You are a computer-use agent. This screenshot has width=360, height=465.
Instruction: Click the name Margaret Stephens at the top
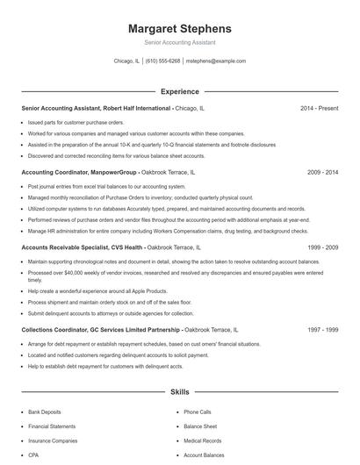coord(179,28)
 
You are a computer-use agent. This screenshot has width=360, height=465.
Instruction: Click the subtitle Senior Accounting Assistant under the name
coord(179,42)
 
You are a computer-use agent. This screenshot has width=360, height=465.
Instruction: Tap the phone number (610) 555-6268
coord(162,61)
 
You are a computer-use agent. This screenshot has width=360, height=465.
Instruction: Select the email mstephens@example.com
coord(216,61)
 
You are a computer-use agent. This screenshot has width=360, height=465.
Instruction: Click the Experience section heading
coord(179,91)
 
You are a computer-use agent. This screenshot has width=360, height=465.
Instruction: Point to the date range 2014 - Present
coord(319,108)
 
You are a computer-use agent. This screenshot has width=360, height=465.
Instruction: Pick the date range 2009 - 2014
coord(322,173)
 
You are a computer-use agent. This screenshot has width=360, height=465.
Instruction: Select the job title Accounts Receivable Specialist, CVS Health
coord(83,247)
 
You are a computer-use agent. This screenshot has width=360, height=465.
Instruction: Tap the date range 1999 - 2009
coord(322,247)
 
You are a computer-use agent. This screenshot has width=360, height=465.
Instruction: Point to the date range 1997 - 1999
coord(322,330)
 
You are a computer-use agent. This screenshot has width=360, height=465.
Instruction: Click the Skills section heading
coord(179,391)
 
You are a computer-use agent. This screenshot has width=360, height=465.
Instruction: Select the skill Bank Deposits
coord(45,411)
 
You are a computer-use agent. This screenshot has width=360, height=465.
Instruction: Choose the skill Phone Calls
coord(197,411)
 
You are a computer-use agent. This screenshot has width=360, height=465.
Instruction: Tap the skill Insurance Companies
coord(53,440)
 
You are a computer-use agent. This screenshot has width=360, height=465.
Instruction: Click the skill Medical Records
coord(202,440)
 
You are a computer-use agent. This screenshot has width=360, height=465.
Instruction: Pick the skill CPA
coord(33,455)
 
